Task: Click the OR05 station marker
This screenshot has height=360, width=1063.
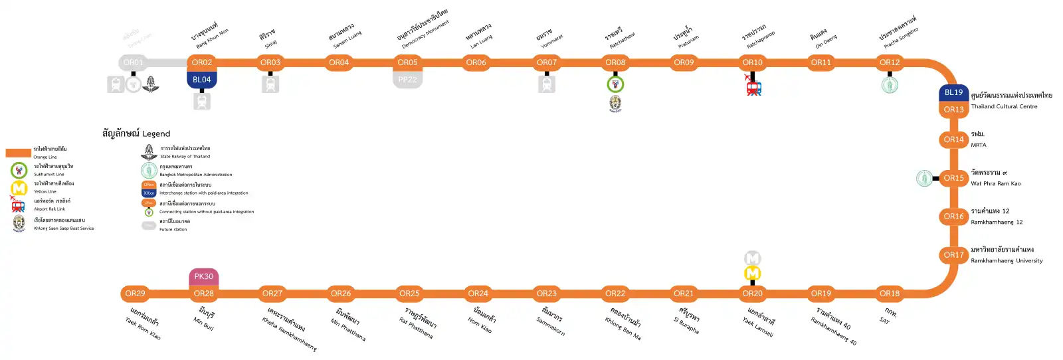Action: click(x=407, y=62)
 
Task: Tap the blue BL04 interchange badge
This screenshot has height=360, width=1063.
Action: click(x=202, y=80)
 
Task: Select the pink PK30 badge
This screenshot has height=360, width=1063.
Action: click(x=204, y=276)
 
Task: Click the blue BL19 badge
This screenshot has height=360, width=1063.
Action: click(x=953, y=92)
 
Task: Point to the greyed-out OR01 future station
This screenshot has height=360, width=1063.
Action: click(x=133, y=62)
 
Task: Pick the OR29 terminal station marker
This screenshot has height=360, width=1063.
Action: click(x=135, y=294)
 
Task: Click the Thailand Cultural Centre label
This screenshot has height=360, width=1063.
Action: click(x=1004, y=106)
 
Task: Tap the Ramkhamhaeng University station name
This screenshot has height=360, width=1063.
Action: click(x=1007, y=260)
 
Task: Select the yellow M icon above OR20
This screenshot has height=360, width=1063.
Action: click(x=752, y=273)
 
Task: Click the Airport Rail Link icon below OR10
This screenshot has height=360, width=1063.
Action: click(x=753, y=88)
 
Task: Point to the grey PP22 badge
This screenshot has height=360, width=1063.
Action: click(x=407, y=80)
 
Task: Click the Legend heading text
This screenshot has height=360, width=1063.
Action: click(x=136, y=134)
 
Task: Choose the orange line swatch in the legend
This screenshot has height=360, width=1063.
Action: click(x=19, y=153)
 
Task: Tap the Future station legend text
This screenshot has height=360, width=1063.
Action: click(x=173, y=229)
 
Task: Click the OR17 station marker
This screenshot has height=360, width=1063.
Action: click(x=953, y=255)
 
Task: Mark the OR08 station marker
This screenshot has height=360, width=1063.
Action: click(x=615, y=62)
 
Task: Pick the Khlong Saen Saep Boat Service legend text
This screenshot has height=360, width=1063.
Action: click(x=64, y=228)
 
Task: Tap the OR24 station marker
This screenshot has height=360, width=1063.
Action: click(x=478, y=294)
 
